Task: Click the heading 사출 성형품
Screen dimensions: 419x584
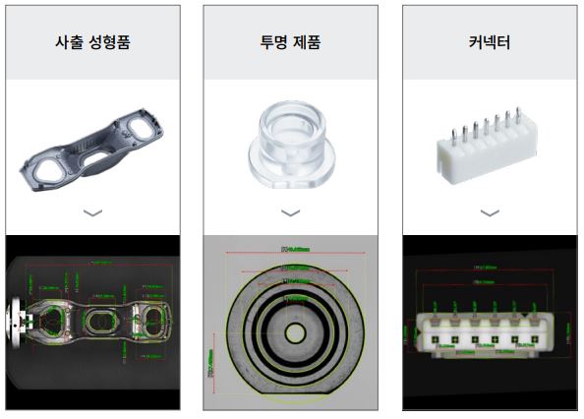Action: click(x=93, y=42)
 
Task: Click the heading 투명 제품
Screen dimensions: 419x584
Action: click(x=290, y=42)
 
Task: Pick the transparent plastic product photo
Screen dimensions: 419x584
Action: click(x=289, y=148)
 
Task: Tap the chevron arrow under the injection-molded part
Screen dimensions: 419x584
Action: click(x=92, y=212)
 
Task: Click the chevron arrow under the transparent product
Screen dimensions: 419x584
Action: click(x=290, y=212)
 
